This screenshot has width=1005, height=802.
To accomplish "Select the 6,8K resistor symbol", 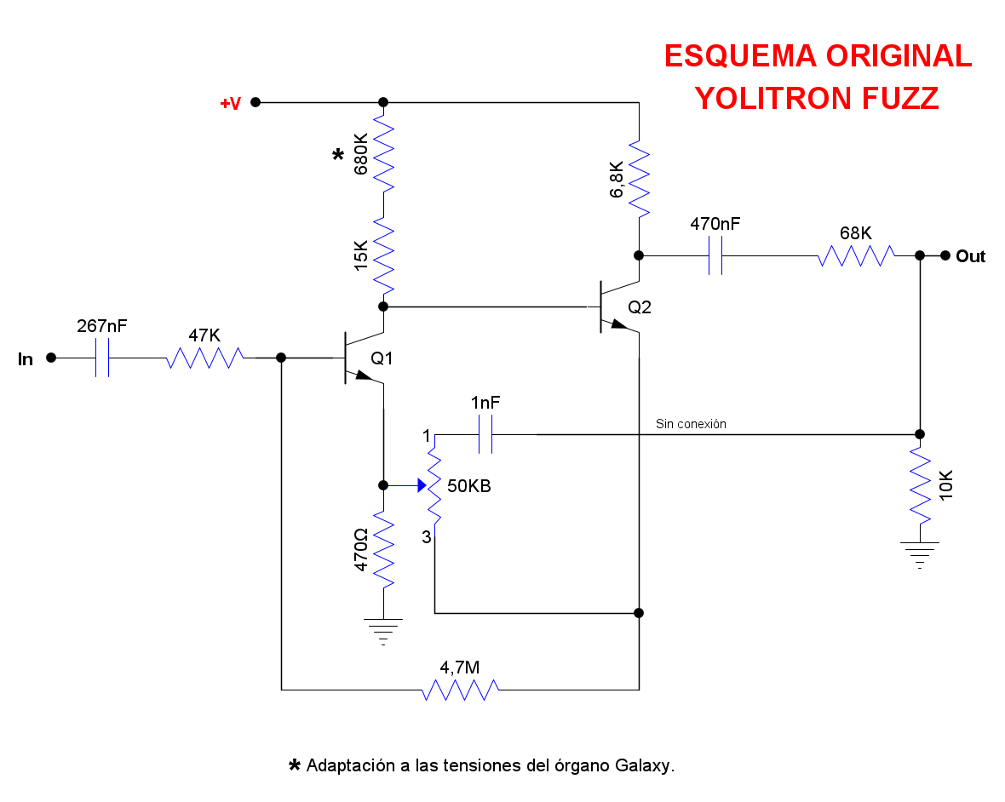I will [639, 180].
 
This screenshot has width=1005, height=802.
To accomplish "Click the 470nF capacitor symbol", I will [715, 255].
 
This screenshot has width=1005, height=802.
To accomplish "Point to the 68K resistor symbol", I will [856, 255].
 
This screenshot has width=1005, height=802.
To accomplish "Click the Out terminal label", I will [970, 256].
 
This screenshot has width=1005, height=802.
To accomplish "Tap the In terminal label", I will [26, 359].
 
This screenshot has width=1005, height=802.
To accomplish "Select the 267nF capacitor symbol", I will [102, 358].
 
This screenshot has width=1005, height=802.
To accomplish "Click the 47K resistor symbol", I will [204, 358].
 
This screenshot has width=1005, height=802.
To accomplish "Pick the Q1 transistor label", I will [382, 359].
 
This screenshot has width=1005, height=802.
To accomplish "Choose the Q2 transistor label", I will [640, 308].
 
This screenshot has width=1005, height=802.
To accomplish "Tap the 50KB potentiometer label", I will [468, 487].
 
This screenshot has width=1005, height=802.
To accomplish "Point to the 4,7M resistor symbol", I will [460, 689].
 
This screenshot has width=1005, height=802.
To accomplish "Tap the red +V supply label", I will [230, 104].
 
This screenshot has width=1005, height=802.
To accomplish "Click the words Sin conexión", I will [691, 423].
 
